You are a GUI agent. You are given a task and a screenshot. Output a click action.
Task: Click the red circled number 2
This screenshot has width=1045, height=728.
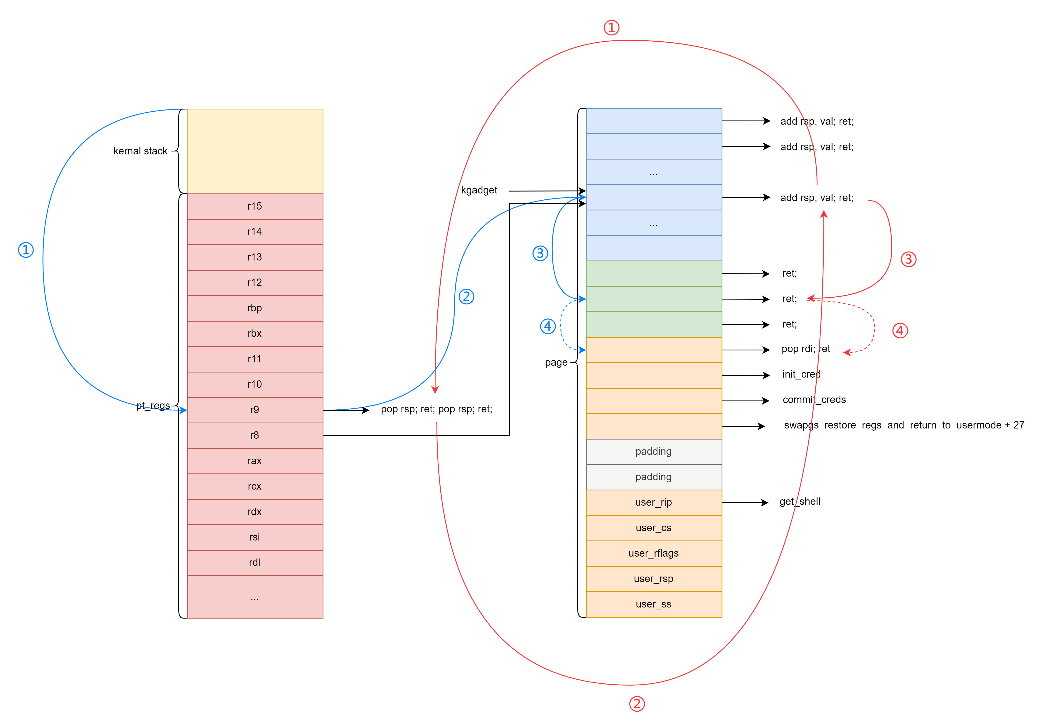click(x=637, y=704)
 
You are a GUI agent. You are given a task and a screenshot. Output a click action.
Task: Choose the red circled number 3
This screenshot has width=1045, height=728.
click(x=909, y=259)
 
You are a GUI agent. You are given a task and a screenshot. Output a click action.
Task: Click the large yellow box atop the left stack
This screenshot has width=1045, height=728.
click(x=255, y=151)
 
